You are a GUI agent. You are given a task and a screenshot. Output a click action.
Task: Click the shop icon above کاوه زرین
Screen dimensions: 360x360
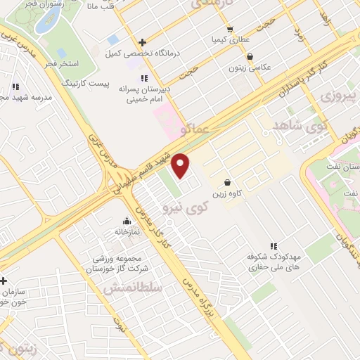coord(226,182)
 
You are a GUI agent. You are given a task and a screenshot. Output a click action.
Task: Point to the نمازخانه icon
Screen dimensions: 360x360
coord(127,220)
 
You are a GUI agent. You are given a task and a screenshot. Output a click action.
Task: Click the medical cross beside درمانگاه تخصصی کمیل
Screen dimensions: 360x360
coord(143,43)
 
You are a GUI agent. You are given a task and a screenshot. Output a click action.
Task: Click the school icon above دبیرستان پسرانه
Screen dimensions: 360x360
coord(144,77)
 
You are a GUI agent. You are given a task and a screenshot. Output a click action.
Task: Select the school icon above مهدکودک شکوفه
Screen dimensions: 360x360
coord(273,246)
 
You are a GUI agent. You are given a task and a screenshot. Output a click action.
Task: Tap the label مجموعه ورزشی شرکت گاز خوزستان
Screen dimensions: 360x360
coord(117,262)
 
